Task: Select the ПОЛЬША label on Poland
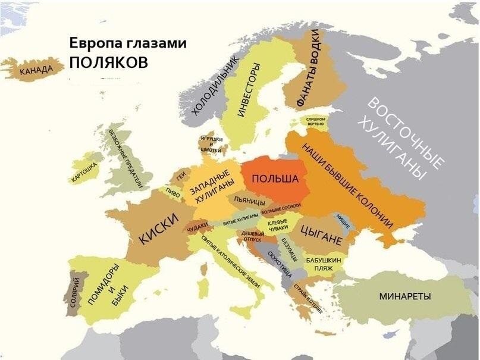coord(271,179)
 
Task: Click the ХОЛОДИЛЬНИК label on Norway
coord(215,85)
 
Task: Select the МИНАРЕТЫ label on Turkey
coord(404,296)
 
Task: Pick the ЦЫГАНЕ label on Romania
coord(321,235)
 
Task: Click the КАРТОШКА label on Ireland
coord(83,171)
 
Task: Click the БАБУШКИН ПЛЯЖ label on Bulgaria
coord(323,264)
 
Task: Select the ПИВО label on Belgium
coord(173,192)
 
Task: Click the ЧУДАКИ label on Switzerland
coord(197,227)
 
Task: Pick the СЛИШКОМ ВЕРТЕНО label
coord(315,122)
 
